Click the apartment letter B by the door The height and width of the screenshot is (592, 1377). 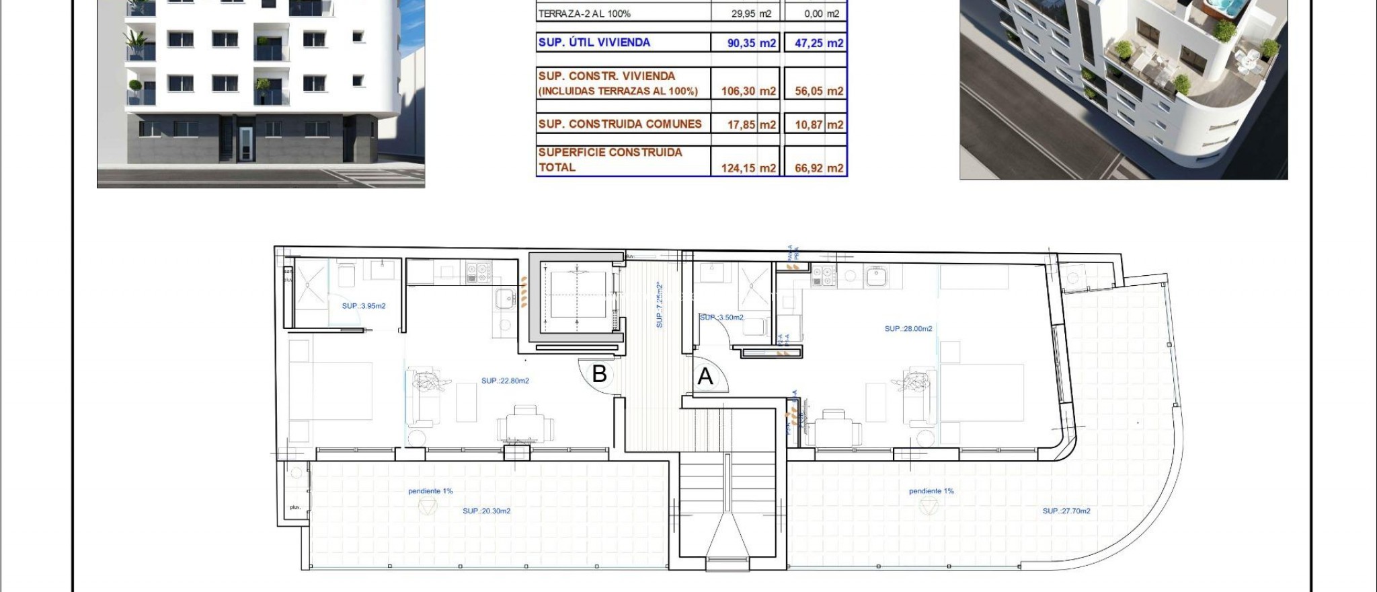pos(599,373)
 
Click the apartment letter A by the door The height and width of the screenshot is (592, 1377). pos(705,376)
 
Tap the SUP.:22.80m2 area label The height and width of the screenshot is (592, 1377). pos(505,381)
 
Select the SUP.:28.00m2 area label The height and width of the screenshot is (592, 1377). pos(908,329)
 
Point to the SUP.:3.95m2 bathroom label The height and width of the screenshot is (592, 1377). pos(363,306)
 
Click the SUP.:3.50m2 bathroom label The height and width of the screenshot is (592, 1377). pos(721,318)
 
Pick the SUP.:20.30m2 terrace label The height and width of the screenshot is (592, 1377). pos(486,511)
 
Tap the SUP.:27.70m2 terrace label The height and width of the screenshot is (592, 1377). pos(1066,511)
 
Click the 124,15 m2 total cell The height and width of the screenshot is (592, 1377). pos(748,168)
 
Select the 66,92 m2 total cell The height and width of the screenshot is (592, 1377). pos(818,168)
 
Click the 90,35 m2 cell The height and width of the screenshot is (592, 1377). pos(751,43)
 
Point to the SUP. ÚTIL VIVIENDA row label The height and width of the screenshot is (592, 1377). pos(594,42)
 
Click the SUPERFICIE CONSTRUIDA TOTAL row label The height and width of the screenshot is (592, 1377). pos(610,160)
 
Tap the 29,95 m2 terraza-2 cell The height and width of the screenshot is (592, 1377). pos(751,13)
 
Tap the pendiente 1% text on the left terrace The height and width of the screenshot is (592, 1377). pos(430,491)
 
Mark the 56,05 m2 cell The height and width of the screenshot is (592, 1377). pos(818,91)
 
